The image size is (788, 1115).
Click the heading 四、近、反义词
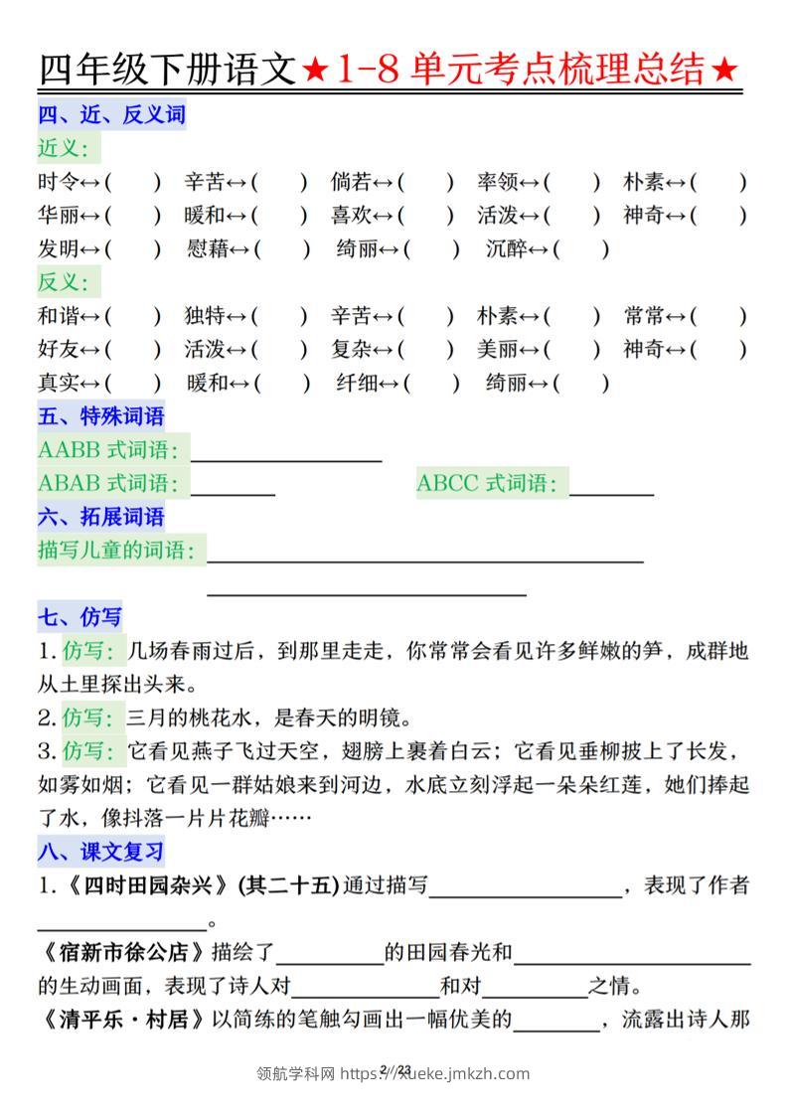click(x=111, y=114)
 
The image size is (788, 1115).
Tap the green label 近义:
click(x=69, y=148)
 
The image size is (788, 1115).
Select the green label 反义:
click(x=69, y=282)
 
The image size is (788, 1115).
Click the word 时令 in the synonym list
click(x=58, y=182)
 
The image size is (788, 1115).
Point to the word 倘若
click(x=351, y=182)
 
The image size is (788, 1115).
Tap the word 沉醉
click(x=506, y=248)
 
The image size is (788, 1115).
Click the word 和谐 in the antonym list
click(x=58, y=316)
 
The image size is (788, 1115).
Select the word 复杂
click(x=351, y=349)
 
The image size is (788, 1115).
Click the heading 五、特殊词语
click(x=101, y=416)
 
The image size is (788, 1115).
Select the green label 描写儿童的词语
click(x=116, y=550)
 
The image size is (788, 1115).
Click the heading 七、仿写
click(x=79, y=618)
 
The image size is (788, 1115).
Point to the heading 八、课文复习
click(x=101, y=852)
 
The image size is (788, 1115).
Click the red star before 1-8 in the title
click(x=316, y=70)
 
